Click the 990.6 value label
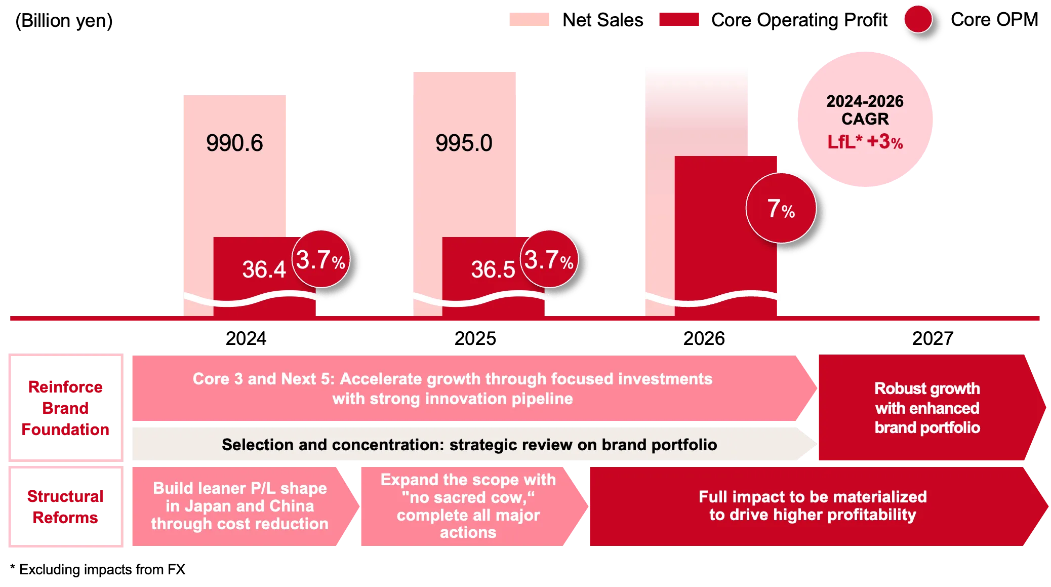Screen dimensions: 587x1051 tap(234, 143)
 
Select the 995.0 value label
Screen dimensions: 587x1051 tap(464, 143)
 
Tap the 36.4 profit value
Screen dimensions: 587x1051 tap(264, 269)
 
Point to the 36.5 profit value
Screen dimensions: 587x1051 tap(493, 269)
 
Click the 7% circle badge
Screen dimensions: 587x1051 tap(781, 208)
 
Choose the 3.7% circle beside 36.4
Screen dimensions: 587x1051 tap(321, 259)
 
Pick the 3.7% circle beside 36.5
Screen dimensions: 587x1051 tap(549, 259)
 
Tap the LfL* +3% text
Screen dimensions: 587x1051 tap(865, 142)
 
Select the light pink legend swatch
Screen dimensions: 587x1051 tap(528, 20)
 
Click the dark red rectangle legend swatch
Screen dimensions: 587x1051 tap(678, 20)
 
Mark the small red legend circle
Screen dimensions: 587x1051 tap(917, 19)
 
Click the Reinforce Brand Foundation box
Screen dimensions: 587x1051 tap(66, 408)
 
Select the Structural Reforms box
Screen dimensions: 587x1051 tap(66, 506)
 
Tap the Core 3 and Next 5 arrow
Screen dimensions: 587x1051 tap(452, 388)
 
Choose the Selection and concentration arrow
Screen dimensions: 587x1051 tap(469, 445)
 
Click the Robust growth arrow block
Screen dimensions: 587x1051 tap(927, 408)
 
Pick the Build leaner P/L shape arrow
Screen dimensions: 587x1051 tap(239, 506)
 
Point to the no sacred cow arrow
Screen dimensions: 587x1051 tap(468, 506)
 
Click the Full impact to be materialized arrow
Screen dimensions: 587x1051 tap(813, 506)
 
